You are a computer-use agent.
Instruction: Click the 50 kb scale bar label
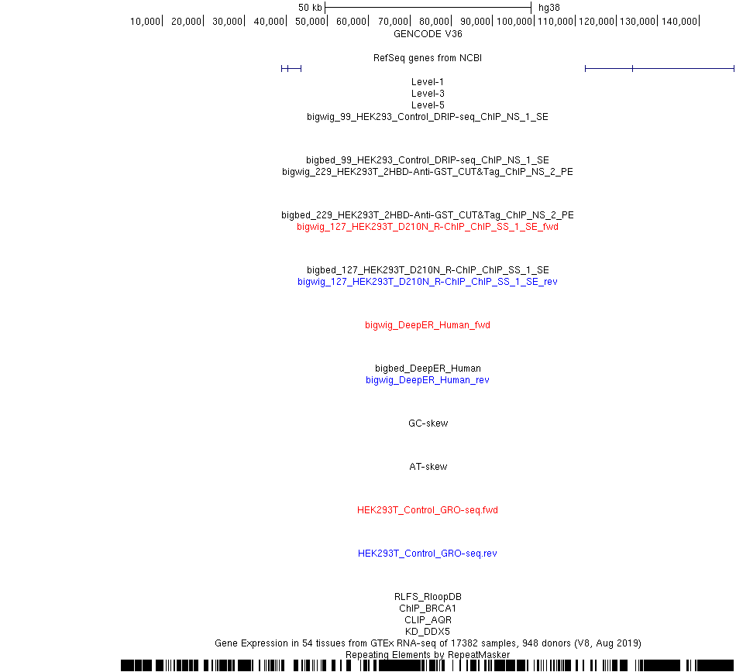(x=310, y=8)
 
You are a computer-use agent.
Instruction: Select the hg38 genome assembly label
(x=549, y=8)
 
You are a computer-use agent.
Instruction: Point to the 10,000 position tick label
(x=145, y=22)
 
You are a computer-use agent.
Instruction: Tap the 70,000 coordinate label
(x=393, y=22)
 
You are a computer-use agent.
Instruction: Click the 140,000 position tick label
(x=679, y=22)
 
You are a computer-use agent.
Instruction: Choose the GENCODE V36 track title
(x=428, y=34)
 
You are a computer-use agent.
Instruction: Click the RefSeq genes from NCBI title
(x=428, y=58)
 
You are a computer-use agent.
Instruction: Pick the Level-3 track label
(x=428, y=94)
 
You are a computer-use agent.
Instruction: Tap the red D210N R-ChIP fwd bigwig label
(x=428, y=227)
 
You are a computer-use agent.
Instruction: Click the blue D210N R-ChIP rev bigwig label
(x=428, y=282)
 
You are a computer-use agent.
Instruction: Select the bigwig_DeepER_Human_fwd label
(x=428, y=325)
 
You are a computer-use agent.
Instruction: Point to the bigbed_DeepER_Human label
(x=428, y=369)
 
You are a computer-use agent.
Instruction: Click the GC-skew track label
(x=428, y=423)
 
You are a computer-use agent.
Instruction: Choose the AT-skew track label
(x=428, y=467)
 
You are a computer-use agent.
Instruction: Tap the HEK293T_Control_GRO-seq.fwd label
(x=428, y=510)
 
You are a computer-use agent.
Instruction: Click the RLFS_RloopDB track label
(x=428, y=597)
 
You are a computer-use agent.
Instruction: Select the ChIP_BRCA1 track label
(x=428, y=609)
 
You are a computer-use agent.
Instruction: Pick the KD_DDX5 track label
(x=428, y=632)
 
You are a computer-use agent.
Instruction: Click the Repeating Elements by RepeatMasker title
(x=428, y=655)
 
